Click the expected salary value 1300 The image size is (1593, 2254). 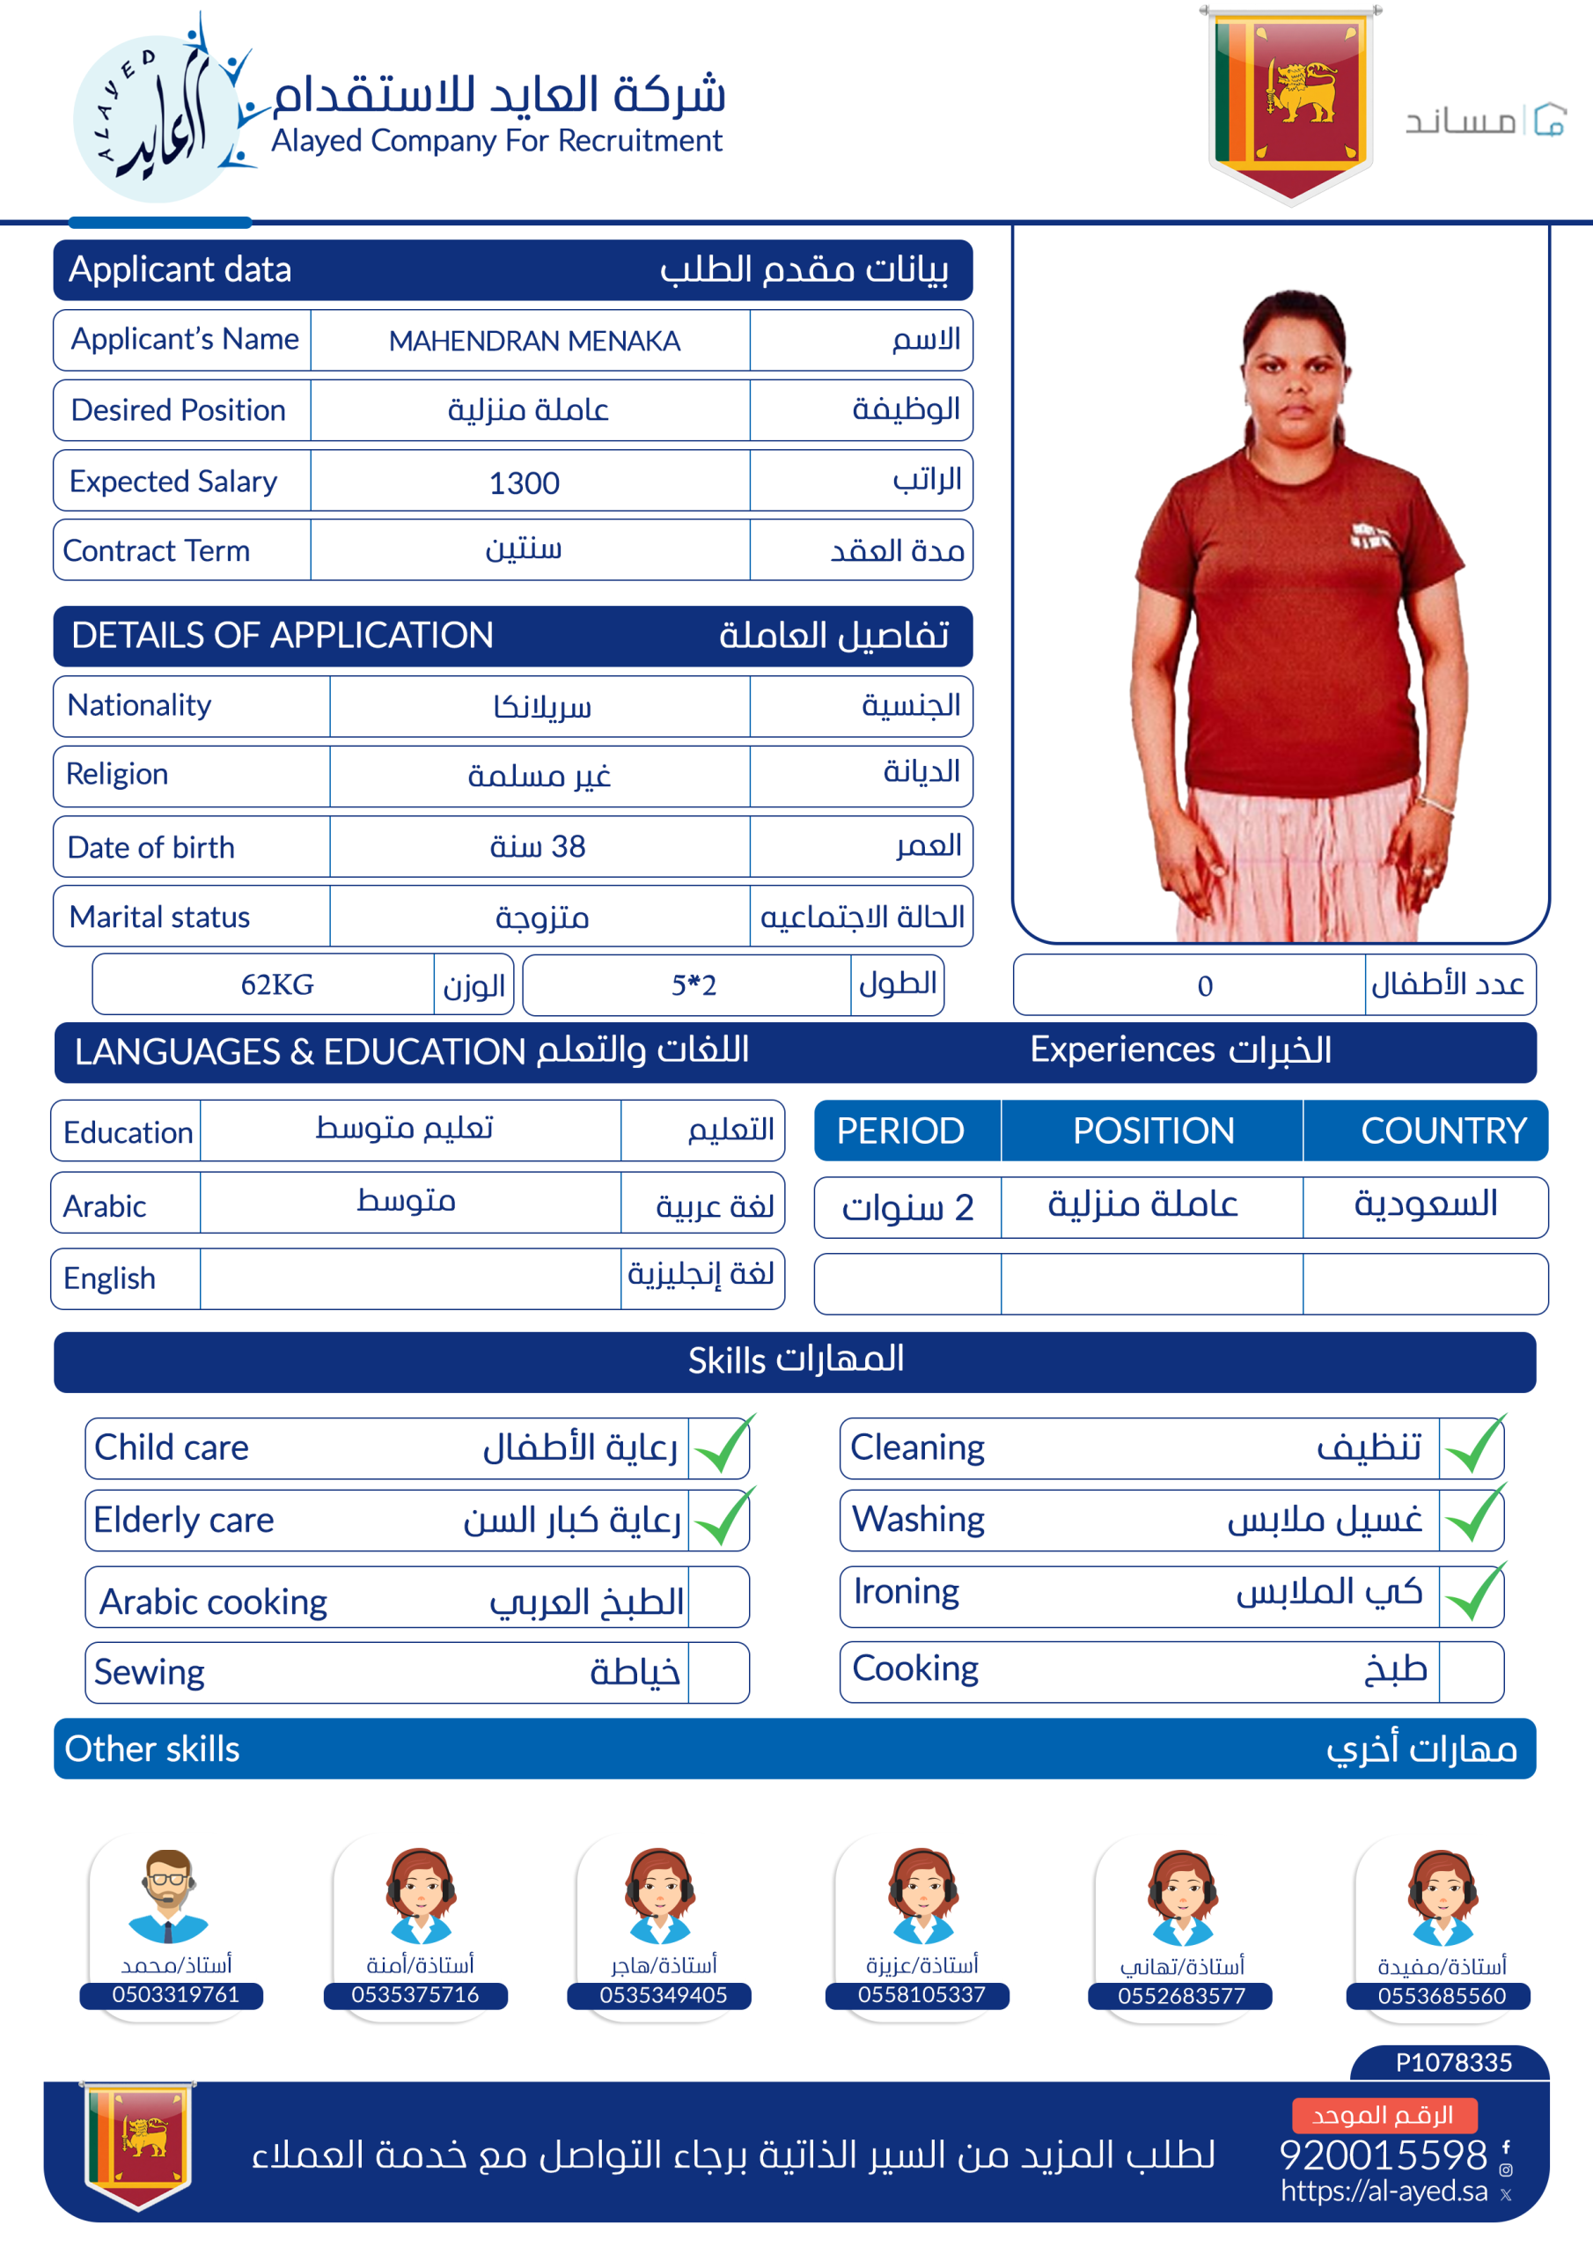pyautogui.click(x=525, y=482)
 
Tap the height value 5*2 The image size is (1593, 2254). pyautogui.click(x=693, y=984)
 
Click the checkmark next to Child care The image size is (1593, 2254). pyautogui.click(x=723, y=1446)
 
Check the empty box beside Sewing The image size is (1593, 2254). pyautogui.click(x=717, y=1672)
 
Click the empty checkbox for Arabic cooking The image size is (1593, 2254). pyautogui.click(x=717, y=1597)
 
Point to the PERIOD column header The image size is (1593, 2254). pyautogui.click(x=900, y=1131)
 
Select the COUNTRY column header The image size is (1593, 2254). pyautogui.click(x=1443, y=1131)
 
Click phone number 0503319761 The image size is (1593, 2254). pyautogui.click(x=175, y=1995)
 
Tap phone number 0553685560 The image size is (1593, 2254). pyautogui.click(x=1441, y=1996)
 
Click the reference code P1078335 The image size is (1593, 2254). pyautogui.click(x=1453, y=2061)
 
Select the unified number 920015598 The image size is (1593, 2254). pyautogui.click(x=1383, y=2155)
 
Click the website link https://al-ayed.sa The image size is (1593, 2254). pyautogui.click(x=1383, y=2191)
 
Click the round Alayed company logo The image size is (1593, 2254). pyautogui.click(x=157, y=118)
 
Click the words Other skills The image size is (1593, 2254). pyautogui.click(x=152, y=1749)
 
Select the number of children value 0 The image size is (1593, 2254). pyautogui.click(x=1204, y=985)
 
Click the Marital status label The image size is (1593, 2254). pyautogui.click(x=159, y=917)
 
